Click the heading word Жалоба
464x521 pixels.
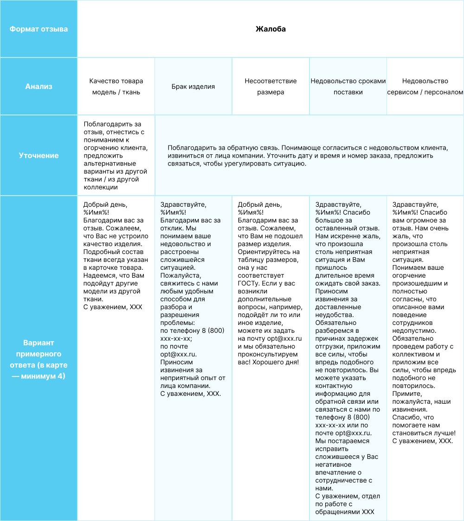pyautogui.click(x=271, y=29)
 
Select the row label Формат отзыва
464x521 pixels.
pyautogui.click(x=39, y=29)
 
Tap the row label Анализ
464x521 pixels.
pyautogui.click(x=39, y=86)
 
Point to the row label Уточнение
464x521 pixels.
pyautogui.click(x=39, y=156)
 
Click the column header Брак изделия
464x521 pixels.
pyautogui.click(x=193, y=87)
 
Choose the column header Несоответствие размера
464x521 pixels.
pyautogui.click(x=271, y=87)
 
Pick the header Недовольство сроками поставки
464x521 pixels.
pyautogui.click(x=348, y=87)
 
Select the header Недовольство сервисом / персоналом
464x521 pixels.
pyautogui.click(x=425, y=87)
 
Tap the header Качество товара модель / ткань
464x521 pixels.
pyautogui.click(x=116, y=87)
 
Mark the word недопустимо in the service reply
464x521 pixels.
pyautogui.click(x=414, y=330)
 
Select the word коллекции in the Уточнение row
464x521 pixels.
pyautogui.click(x=101, y=187)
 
